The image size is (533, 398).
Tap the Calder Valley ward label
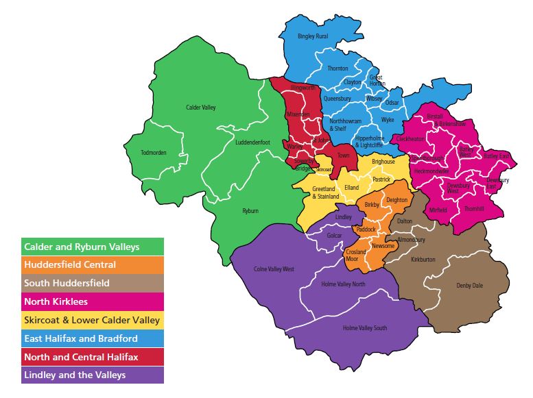click(x=200, y=108)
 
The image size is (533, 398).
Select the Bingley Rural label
click(x=313, y=36)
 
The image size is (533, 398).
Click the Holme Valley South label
click(x=365, y=328)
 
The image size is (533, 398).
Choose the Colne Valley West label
click(x=274, y=269)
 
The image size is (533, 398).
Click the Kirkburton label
click(x=423, y=261)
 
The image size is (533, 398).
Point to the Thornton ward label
click(x=337, y=69)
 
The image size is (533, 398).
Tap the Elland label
click(x=351, y=187)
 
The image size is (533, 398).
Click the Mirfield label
click(x=438, y=210)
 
